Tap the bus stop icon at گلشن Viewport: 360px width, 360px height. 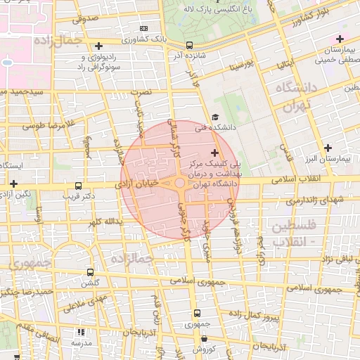click(90, 271)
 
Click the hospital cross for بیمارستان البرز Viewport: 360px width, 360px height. click(328, 148)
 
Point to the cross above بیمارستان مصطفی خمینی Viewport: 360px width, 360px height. click(340, 39)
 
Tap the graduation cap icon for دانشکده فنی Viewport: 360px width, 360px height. click(215, 117)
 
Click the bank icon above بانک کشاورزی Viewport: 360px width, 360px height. click(144, 29)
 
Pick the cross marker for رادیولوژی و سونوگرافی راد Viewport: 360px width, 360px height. click(99, 46)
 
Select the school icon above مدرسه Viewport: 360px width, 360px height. click(81, 331)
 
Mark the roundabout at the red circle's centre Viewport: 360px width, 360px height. click(180, 184)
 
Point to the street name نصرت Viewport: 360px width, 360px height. click(143, 91)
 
